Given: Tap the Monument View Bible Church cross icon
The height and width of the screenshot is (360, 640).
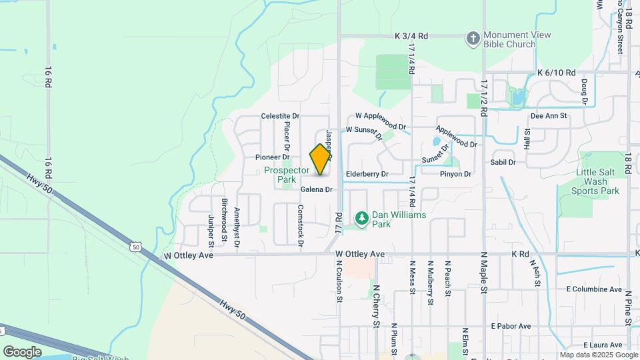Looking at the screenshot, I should click(x=473, y=39).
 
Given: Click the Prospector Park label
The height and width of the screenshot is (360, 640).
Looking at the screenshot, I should click(x=288, y=175).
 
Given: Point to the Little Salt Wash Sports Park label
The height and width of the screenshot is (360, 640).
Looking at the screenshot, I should click(x=595, y=181).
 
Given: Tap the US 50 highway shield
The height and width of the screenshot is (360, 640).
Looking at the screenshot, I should click(x=136, y=247).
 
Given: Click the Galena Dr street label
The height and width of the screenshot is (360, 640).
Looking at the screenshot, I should click(x=316, y=190).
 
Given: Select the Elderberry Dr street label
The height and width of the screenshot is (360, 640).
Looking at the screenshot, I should click(x=367, y=174).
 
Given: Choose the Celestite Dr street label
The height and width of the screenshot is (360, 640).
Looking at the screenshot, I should click(x=280, y=116).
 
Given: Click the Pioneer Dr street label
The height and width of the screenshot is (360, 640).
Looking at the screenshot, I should click(x=272, y=157).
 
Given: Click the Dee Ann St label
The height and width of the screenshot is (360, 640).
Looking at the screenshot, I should click(x=548, y=115).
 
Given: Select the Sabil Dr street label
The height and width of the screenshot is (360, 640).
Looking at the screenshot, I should click(x=503, y=162).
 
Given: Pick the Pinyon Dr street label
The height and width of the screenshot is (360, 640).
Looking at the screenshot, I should click(x=455, y=174).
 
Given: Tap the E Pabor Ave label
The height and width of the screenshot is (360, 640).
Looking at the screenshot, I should click(x=511, y=326).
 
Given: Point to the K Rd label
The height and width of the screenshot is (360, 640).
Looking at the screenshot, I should click(x=520, y=254).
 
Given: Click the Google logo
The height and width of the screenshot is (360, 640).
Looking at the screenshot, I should click(x=22, y=351).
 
